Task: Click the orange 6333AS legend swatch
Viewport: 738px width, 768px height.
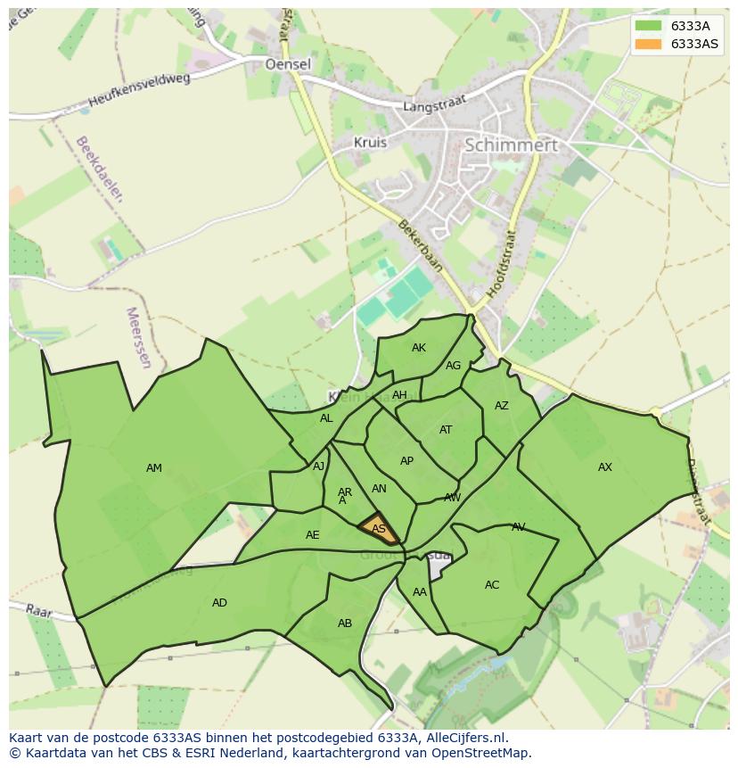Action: point(649,44)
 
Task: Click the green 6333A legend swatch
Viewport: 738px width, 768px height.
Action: point(649,26)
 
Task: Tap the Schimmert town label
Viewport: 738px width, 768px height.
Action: point(512,145)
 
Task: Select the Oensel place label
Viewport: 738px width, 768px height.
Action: point(288,64)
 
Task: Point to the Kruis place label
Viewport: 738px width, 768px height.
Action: point(370,142)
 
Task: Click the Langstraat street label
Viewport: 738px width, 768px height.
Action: point(435,105)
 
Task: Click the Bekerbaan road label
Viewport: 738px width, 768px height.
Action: point(420,246)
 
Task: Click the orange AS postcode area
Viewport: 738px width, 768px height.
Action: point(379,528)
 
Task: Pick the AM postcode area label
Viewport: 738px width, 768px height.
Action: point(154,468)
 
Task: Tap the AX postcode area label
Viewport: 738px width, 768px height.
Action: point(605,467)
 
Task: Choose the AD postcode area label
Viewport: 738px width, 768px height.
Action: point(219,603)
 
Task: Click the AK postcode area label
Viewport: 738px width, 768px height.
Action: point(419,348)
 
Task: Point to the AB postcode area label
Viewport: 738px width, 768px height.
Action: point(345,623)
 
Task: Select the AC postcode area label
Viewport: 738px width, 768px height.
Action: point(492,585)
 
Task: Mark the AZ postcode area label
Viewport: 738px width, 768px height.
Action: point(502,406)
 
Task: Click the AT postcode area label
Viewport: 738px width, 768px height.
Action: point(446,430)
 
